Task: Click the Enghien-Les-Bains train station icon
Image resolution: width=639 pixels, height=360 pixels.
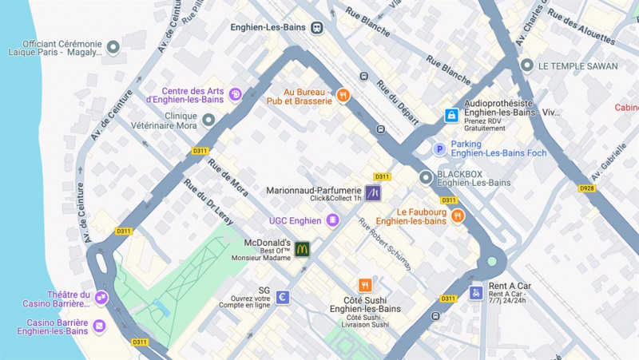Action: pos(317,27)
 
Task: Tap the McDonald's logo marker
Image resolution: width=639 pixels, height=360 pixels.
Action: pos(302,249)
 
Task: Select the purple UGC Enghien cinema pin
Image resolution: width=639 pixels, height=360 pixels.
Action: pos(332,220)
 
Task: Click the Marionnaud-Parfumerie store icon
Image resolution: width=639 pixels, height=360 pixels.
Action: pos(373,192)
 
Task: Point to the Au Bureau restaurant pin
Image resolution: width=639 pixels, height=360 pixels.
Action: pos(343,96)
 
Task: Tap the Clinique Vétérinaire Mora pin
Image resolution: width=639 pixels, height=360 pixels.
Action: pos(208,120)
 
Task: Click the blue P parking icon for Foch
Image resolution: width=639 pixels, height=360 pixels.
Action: pos(439,148)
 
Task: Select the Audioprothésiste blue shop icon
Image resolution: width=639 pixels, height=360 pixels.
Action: pos(451,116)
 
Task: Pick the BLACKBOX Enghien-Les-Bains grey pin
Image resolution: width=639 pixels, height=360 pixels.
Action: pos(426,177)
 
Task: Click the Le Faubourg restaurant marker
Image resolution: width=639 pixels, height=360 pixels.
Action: pos(458,216)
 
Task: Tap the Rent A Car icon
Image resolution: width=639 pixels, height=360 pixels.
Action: pos(475,293)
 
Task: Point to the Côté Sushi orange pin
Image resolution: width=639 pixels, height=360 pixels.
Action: pos(365,285)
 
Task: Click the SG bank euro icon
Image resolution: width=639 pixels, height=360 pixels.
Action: pos(283,297)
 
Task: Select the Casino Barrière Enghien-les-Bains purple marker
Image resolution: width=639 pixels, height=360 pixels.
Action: pos(99,326)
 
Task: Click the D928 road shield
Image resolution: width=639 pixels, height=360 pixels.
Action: pos(587,188)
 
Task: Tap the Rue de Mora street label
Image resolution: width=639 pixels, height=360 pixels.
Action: pos(228,178)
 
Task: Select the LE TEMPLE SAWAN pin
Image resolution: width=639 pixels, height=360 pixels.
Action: pos(526,65)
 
